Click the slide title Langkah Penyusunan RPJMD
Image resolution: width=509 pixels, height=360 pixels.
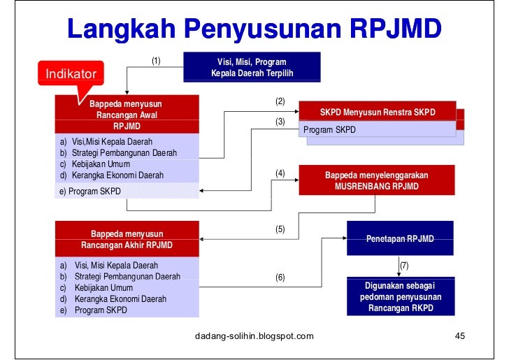click(x=254, y=29)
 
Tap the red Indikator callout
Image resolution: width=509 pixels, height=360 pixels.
click(x=70, y=73)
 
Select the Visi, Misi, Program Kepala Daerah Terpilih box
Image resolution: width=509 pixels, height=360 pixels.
click(x=252, y=68)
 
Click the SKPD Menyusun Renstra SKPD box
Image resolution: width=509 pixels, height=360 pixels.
click(x=377, y=112)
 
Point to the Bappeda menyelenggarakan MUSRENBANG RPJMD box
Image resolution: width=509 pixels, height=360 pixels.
click(x=376, y=180)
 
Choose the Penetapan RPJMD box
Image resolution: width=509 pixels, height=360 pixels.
click(x=400, y=239)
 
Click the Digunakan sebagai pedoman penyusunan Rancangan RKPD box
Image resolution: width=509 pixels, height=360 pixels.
click(x=400, y=296)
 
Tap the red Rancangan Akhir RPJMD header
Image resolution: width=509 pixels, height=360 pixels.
click(x=127, y=239)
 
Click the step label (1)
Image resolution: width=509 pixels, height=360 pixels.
click(x=156, y=61)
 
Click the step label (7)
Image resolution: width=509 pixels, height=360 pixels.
click(x=404, y=266)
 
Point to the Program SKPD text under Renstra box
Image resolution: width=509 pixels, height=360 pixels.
click(x=330, y=130)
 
